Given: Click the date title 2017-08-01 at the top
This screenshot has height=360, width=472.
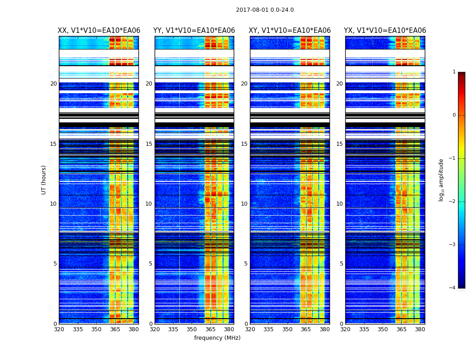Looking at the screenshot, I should (x=265, y=10).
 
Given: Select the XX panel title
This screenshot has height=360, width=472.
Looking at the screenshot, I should (x=99, y=31).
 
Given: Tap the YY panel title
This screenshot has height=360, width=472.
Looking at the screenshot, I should (x=194, y=31).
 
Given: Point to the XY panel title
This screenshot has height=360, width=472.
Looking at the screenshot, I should (x=290, y=31).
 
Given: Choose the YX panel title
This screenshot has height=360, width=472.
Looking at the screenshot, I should (x=385, y=31).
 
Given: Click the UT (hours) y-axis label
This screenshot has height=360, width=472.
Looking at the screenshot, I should (x=44, y=180).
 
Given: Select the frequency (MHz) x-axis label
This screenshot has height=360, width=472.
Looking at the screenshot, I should (x=217, y=338).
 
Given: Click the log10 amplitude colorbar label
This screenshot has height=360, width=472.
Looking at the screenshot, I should (x=441, y=180).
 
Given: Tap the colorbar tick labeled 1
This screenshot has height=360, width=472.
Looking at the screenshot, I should (x=454, y=72).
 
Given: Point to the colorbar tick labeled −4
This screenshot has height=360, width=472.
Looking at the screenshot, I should (x=453, y=288).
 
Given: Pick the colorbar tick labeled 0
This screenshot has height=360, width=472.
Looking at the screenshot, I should (x=454, y=115).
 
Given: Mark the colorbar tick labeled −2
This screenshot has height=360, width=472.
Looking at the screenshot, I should (x=453, y=202).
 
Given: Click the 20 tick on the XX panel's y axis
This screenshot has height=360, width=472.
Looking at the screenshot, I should (x=53, y=84).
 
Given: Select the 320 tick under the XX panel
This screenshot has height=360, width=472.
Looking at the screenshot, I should (x=59, y=329).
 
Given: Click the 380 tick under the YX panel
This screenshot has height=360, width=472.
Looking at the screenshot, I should (x=420, y=329).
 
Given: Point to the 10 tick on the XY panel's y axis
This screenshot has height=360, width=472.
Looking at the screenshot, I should (x=244, y=204).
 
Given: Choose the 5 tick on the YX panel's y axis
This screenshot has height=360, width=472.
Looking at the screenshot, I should (x=341, y=264).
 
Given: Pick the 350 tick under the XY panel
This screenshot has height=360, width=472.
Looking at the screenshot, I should (x=287, y=329).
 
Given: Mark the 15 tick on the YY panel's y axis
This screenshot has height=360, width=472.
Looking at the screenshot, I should (x=149, y=144).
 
